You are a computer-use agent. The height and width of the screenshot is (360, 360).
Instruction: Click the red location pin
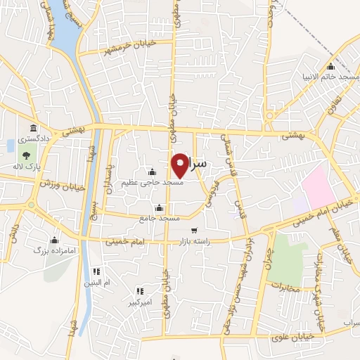(181, 165)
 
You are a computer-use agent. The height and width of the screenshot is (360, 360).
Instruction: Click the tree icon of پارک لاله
(27, 155)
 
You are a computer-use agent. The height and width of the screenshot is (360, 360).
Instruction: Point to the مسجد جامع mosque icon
(159, 208)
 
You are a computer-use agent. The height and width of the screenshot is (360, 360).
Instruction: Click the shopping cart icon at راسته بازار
(194, 230)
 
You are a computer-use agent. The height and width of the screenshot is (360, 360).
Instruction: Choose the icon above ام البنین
(97, 271)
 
